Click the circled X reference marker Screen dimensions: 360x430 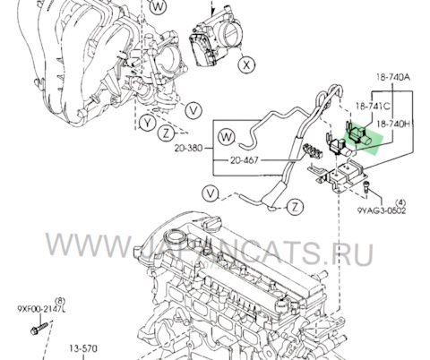[247, 65]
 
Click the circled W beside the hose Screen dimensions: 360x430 [225, 137]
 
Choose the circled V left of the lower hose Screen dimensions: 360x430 [210, 193]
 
